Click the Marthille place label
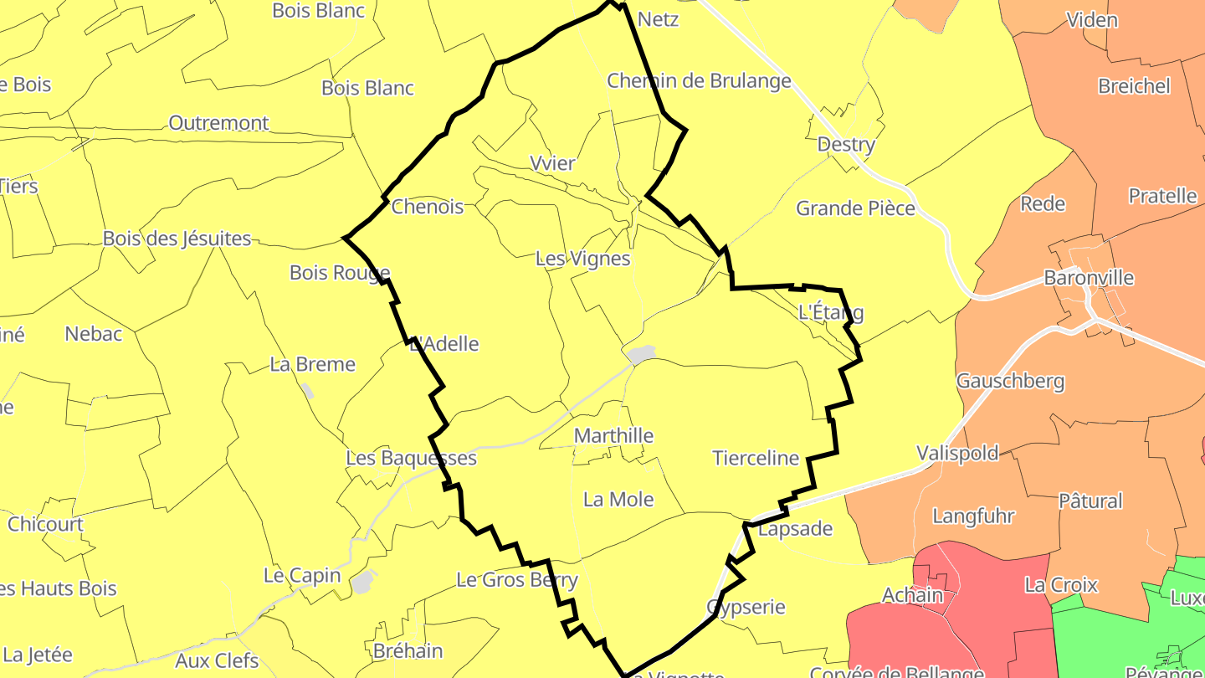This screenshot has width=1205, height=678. coord(613,436)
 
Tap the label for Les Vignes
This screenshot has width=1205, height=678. coord(582,259)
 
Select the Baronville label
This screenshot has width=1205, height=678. coord(1088,278)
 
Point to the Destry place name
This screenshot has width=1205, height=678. coord(846,145)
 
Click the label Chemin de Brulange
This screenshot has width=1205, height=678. coord(699,81)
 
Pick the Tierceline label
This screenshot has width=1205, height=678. coord(756,458)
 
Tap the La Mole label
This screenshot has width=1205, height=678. coord(618,500)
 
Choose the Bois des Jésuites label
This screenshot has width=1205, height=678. coord(177,239)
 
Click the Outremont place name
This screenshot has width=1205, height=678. coord(218,123)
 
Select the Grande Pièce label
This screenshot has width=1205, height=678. coord(855,208)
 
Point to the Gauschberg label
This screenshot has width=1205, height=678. coord(1010,382)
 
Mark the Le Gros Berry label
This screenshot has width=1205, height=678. coord(517,579)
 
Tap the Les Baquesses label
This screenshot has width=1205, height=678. coord(411,458)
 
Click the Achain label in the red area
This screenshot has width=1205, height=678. coord(912,595)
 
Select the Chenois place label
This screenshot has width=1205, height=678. coord(427,207)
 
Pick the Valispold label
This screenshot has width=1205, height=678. coord(957,453)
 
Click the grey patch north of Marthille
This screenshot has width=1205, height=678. coord(642,355)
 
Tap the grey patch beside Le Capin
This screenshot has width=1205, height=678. coord(363,582)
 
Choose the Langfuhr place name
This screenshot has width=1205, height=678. coord(973,516)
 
